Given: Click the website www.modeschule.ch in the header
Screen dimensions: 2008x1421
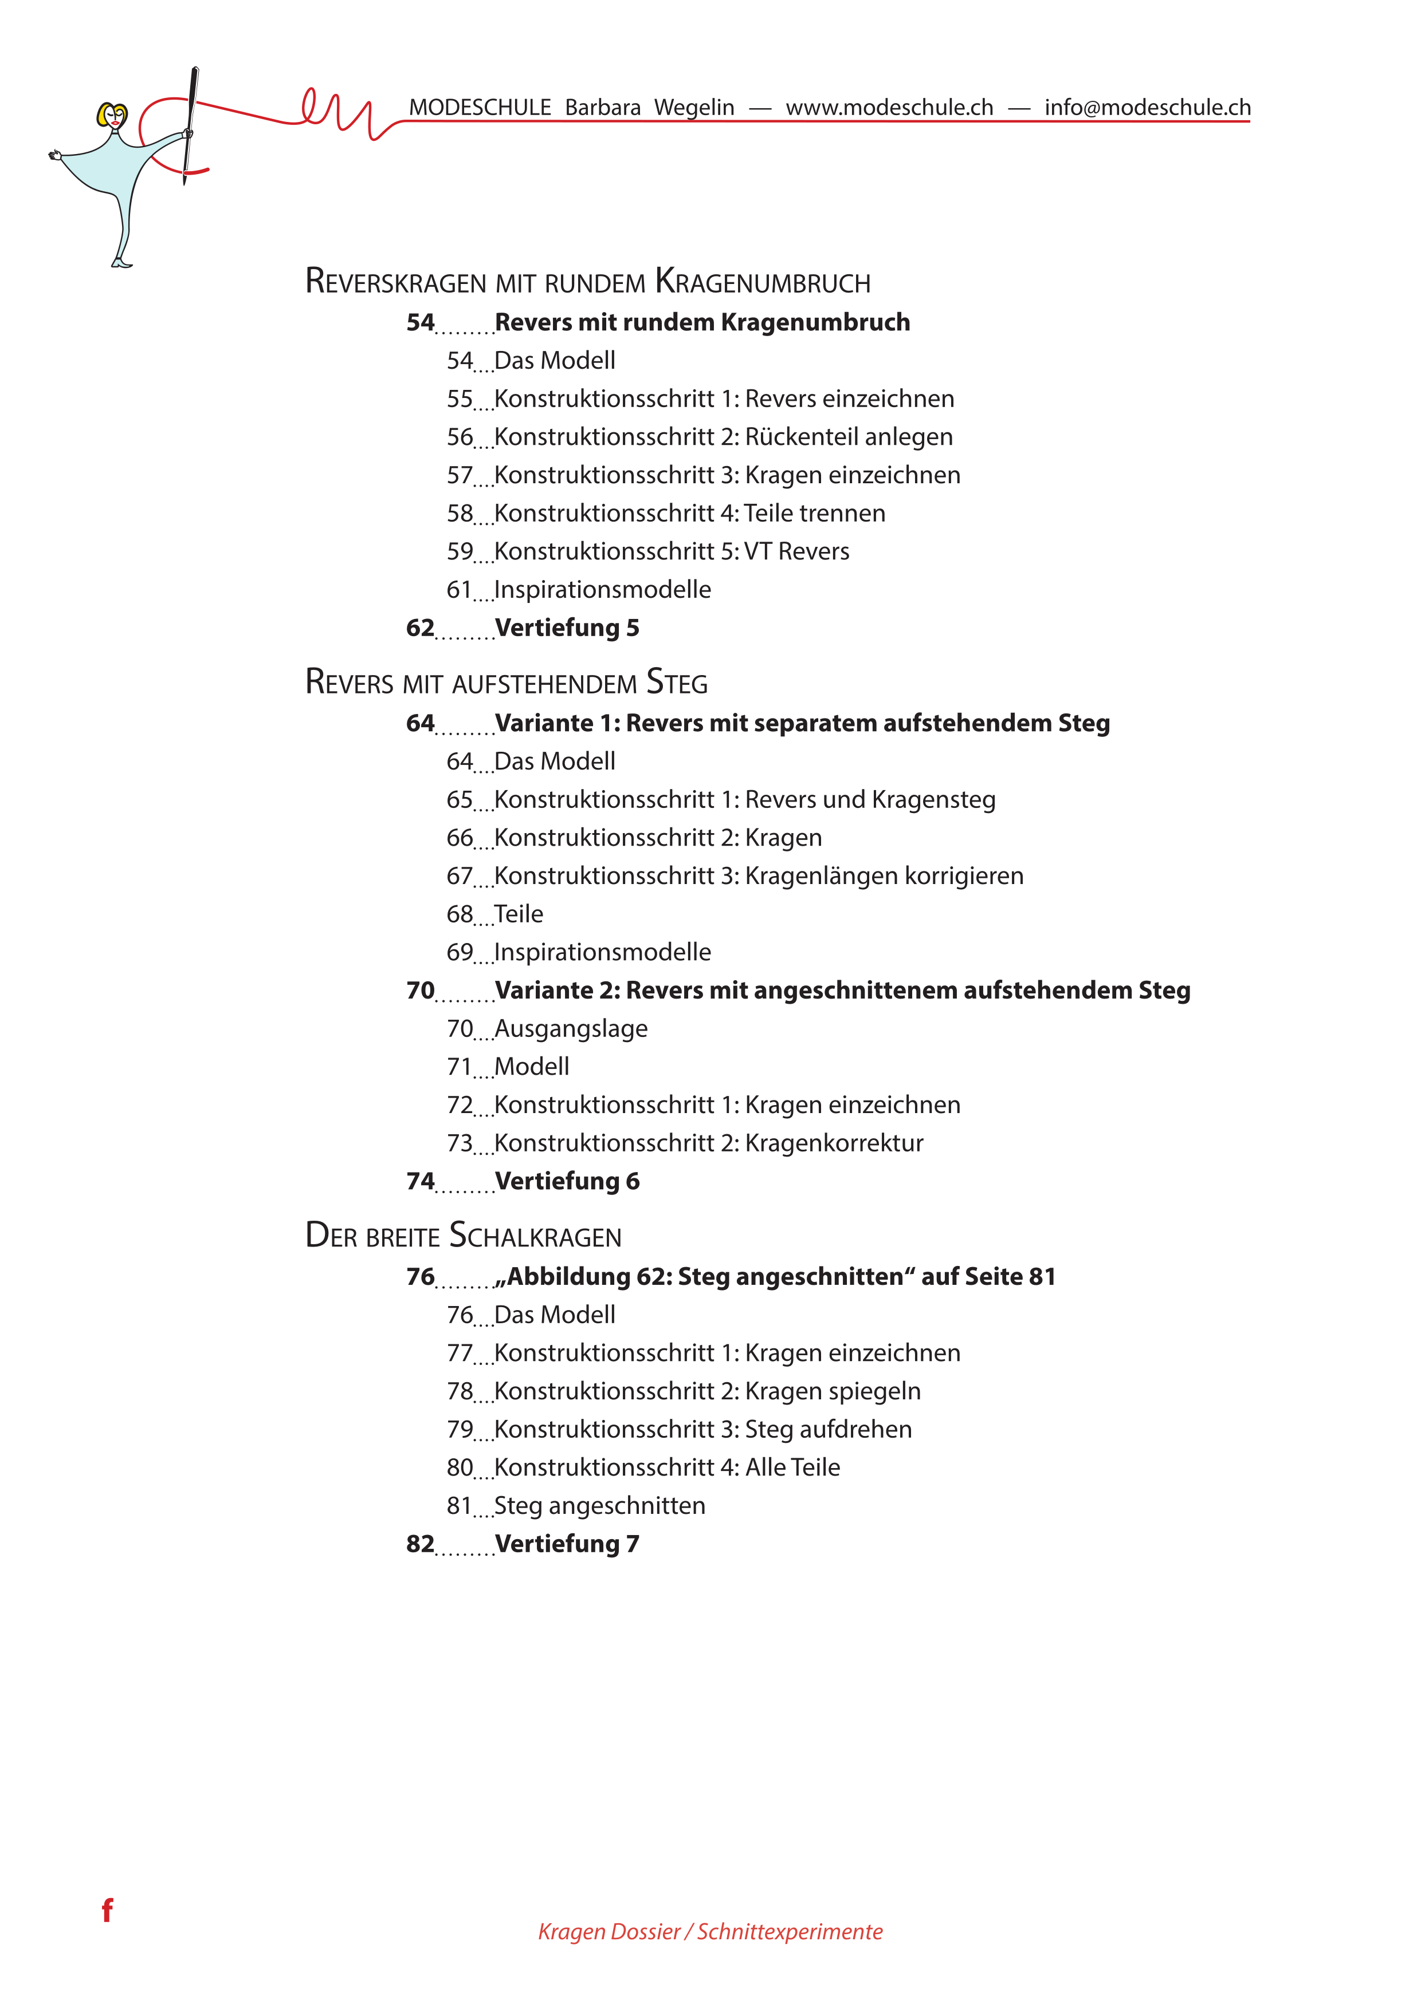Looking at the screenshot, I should (889, 108).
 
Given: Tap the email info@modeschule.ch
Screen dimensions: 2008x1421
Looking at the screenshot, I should (1147, 108).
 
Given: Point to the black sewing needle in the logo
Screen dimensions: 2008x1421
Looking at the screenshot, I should (190, 123).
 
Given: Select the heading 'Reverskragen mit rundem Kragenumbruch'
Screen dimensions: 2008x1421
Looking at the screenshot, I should (587, 282).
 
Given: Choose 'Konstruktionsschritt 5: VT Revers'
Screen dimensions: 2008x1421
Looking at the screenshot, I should (671, 551).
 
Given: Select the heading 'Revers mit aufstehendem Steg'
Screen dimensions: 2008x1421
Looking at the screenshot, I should (506, 682).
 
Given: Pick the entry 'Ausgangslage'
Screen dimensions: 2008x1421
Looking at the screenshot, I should (571, 1028).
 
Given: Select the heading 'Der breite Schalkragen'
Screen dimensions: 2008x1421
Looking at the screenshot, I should (463, 1236).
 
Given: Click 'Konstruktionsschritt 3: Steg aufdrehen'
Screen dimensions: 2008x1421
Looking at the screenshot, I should (702, 1429).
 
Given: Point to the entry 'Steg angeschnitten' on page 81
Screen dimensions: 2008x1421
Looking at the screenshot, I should (599, 1505).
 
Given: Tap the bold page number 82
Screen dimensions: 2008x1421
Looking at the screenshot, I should (420, 1544).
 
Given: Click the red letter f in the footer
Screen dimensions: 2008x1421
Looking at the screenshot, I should (107, 1910).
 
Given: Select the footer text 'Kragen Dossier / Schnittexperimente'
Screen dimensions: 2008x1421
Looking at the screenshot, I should (709, 1931).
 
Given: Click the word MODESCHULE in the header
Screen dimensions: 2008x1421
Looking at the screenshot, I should (480, 108).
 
